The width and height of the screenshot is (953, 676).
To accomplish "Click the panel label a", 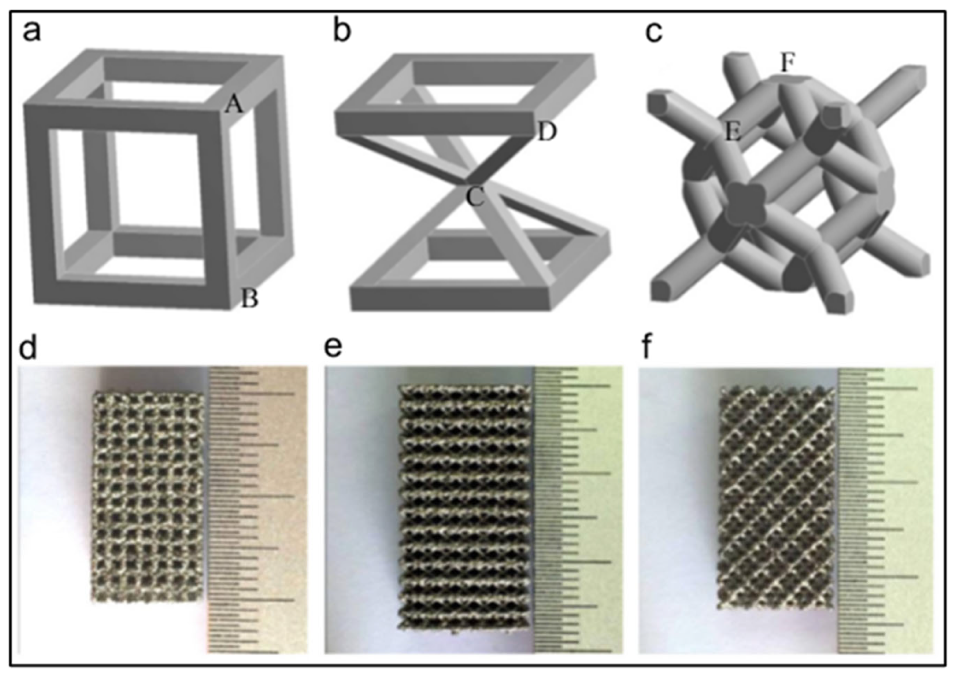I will click(32, 32).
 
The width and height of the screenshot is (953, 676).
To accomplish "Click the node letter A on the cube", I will click(234, 105).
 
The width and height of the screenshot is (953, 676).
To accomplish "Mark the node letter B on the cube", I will click(250, 298).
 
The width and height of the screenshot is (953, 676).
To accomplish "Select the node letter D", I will click(547, 132).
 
